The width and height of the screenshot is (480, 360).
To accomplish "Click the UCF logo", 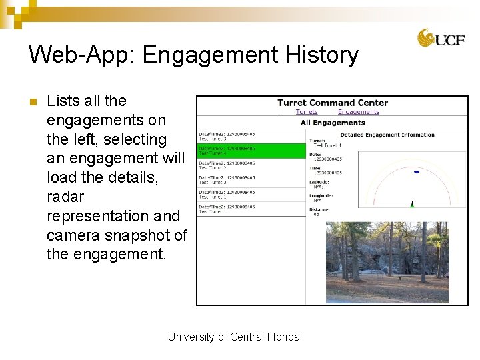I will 437,38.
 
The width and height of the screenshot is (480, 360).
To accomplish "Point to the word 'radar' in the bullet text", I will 65,197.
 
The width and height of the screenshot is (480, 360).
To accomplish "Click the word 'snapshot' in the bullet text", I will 137,235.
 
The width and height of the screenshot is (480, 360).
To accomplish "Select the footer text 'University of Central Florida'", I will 233,337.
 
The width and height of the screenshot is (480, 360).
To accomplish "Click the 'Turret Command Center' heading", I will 332,103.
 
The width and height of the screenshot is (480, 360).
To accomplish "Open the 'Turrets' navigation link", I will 307,112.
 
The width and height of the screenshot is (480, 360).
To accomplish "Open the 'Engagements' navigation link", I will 358,112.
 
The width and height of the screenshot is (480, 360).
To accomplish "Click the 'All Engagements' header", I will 332,123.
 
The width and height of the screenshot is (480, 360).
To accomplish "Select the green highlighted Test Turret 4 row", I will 251,151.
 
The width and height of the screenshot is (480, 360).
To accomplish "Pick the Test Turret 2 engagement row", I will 251,165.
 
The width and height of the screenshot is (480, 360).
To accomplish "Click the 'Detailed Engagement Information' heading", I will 387,135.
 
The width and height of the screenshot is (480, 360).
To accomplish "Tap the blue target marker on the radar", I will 417,172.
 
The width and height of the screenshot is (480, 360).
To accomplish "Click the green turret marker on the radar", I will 412,204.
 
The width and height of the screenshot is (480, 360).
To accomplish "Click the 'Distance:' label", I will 319,210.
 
